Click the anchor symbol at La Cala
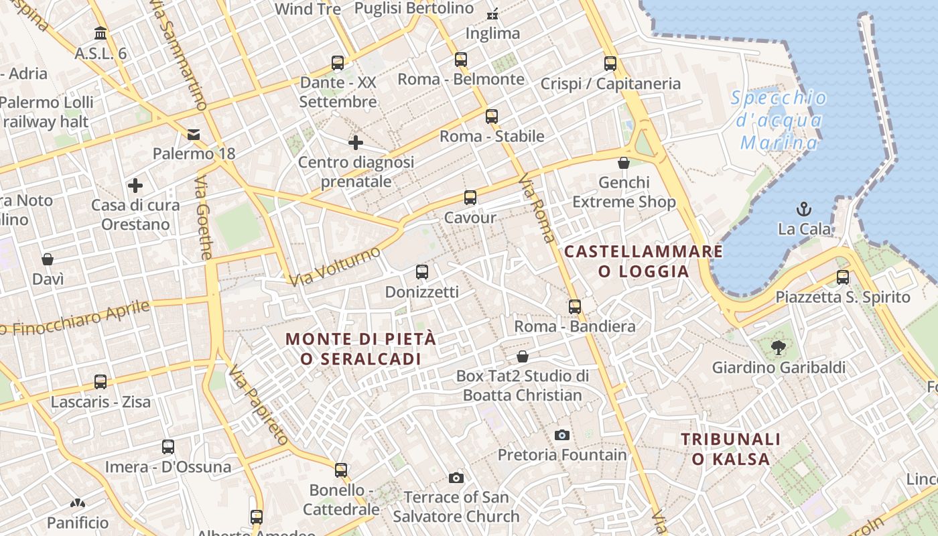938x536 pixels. [x=804, y=209]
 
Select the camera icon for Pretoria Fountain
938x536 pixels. [x=562, y=435]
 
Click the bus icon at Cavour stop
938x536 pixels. [x=470, y=198]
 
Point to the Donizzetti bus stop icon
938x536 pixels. [x=421, y=272]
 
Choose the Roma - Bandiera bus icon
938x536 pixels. [x=575, y=307]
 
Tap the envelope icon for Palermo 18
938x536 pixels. [x=194, y=135]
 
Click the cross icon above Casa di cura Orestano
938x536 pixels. [x=135, y=186]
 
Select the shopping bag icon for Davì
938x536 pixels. [x=48, y=259]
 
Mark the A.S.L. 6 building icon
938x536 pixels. [x=100, y=33]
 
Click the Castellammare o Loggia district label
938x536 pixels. [x=643, y=261]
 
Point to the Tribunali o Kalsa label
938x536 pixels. [x=731, y=449]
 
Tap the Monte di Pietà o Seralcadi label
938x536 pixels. [x=361, y=348]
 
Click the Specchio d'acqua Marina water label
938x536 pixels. [x=779, y=120]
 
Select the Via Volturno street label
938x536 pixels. [x=334, y=266]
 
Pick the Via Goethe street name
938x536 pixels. [x=204, y=218]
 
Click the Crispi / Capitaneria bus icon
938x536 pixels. [x=610, y=64]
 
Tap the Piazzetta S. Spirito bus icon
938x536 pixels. [x=843, y=277]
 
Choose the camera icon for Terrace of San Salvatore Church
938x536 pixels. [x=456, y=478]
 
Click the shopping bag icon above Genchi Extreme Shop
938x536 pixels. [x=624, y=163]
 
